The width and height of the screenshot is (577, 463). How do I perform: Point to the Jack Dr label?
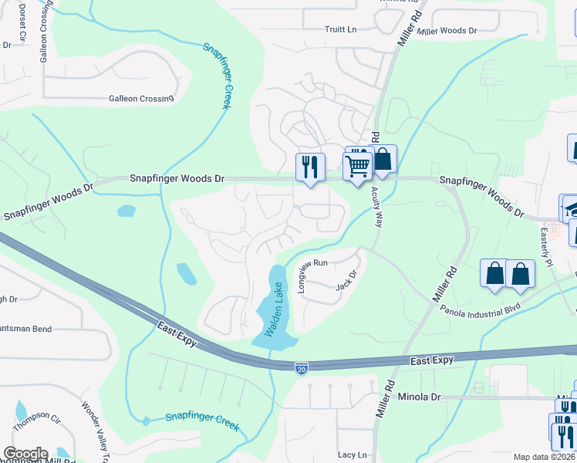pyautogui.click(x=349, y=279)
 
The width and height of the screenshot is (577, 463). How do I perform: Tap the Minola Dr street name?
pyautogui.click(x=419, y=397)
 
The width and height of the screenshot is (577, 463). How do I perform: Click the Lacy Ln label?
pyautogui.click(x=353, y=455)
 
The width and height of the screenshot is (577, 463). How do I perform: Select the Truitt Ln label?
pyautogui.click(x=341, y=30)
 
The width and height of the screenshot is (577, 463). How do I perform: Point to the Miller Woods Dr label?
pyautogui.click(x=447, y=31)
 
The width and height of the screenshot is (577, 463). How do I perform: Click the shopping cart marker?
pyautogui.click(x=357, y=164)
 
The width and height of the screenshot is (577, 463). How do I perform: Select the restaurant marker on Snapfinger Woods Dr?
pyautogui.click(x=310, y=167)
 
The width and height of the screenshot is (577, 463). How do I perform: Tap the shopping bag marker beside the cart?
pyautogui.click(x=383, y=160)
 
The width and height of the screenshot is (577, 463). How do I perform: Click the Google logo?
pyautogui.click(x=25, y=454)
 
